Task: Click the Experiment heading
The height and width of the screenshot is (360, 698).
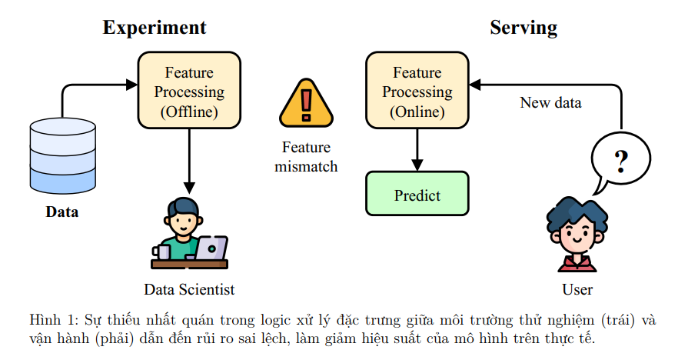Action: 155,28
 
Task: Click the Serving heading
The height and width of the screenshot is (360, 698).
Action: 523,28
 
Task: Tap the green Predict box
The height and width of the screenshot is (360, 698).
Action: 417,195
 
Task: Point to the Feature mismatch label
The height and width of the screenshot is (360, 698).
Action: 306,157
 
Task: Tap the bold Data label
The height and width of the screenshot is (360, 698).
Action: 62,212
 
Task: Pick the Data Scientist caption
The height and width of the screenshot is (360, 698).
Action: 189,289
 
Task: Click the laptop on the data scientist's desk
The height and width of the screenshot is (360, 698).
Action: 211,248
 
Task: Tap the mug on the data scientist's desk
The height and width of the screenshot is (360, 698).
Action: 161,252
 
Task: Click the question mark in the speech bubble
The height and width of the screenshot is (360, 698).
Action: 620,162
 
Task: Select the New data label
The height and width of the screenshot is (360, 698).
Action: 550,102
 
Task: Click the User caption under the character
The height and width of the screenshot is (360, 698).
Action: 577,289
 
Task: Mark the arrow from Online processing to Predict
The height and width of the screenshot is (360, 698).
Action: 417,149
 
